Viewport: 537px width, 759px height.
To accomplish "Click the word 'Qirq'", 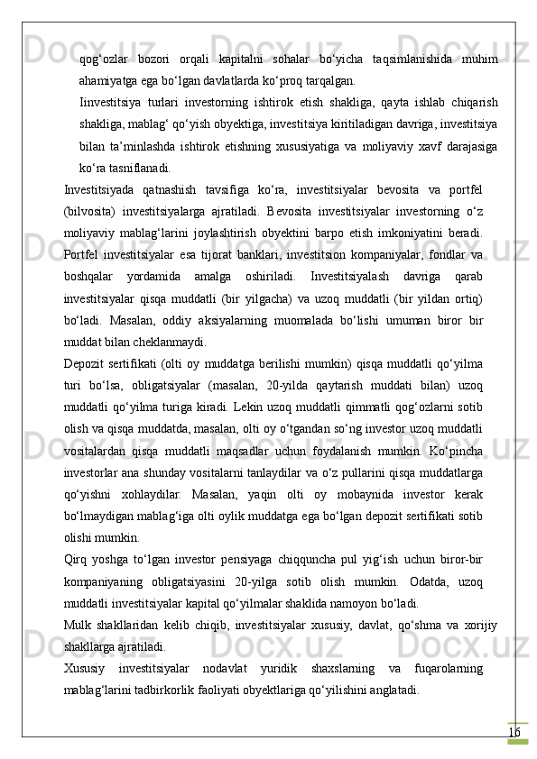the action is click(77, 559).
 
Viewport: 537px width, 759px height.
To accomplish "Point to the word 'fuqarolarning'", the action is click(449, 668).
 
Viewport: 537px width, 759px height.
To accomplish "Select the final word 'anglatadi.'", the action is click(390, 690).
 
